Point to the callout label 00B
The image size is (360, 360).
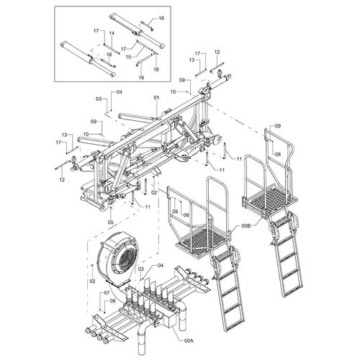(x=245, y=226)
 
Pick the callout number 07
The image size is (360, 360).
(x=107, y=293)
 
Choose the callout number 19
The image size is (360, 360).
(x=141, y=76)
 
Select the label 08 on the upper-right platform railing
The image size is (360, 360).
(x=276, y=154)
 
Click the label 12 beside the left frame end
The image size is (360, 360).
(x=63, y=179)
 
